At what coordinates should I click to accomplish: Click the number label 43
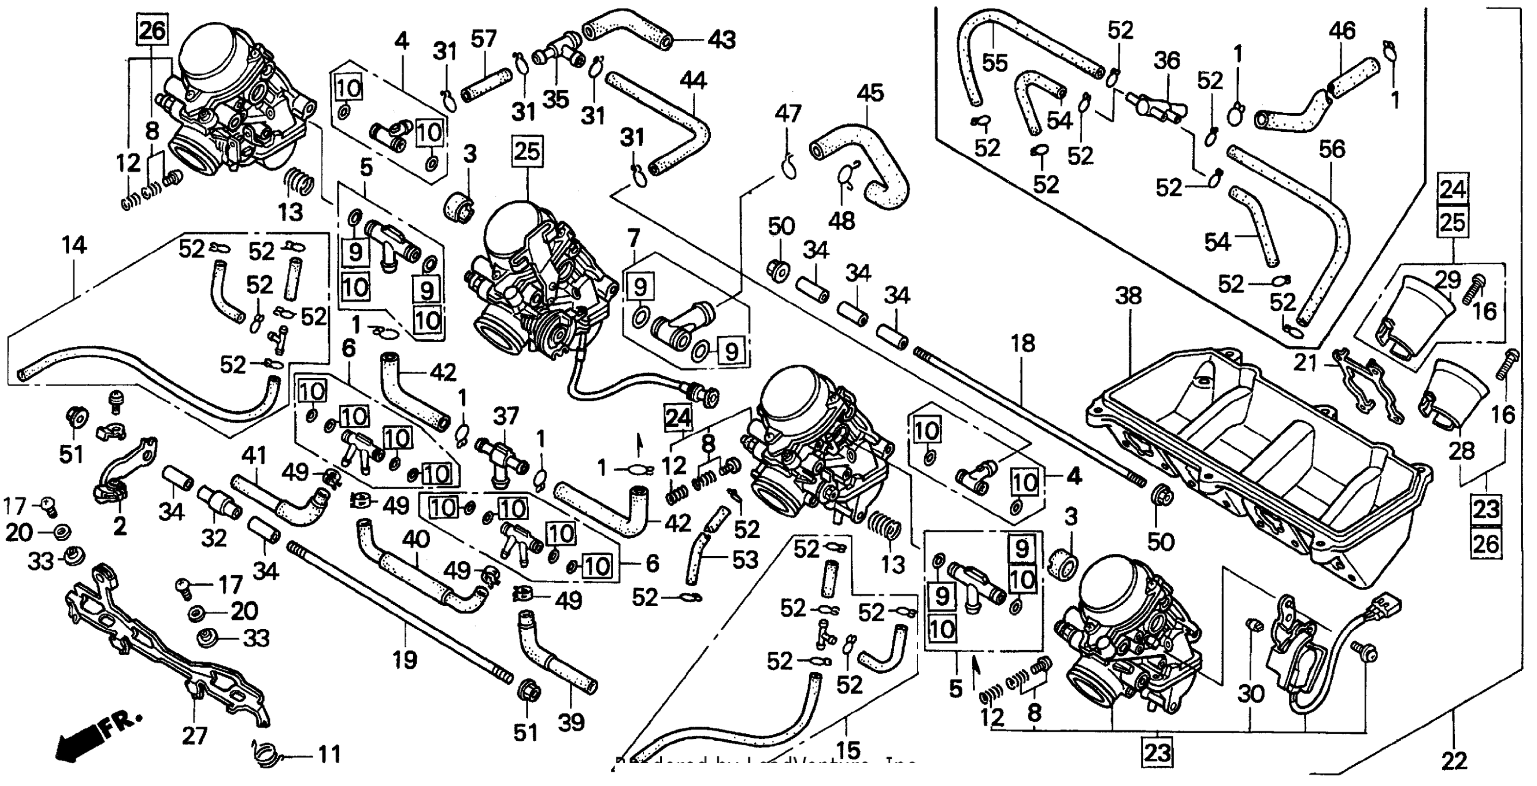coord(721,40)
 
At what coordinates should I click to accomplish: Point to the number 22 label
coord(1454,760)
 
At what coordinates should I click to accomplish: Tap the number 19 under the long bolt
coord(405,660)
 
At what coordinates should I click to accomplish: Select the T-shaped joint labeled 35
coord(558,57)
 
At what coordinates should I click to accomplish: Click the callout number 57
coord(483,40)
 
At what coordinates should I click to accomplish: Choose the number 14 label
coord(74,246)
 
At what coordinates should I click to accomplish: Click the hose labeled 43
coord(627,30)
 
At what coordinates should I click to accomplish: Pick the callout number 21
coord(1305,362)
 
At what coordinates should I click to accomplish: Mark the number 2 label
coord(120,526)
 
